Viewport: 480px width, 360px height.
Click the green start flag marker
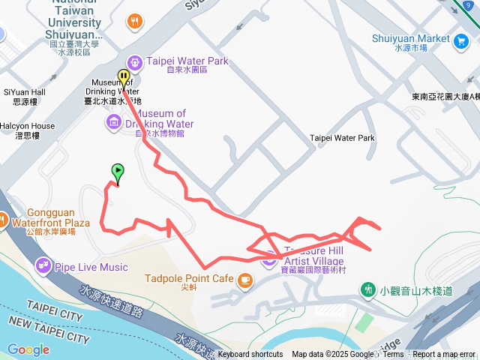[x=117, y=172]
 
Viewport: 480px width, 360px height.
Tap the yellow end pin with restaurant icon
[x=124, y=77]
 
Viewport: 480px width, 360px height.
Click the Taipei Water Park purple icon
[x=135, y=61]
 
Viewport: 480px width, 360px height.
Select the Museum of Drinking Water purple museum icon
[x=114, y=121]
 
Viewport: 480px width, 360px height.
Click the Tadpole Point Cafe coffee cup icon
[x=244, y=280]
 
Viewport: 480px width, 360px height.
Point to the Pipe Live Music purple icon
[x=43, y=265]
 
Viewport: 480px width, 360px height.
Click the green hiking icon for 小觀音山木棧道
[x=367, y=288]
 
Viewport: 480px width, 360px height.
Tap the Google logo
[x=28, y=349]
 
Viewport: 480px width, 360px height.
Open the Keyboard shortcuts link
[x=250, y=355]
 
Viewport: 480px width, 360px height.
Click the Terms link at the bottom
[x=393, y=355]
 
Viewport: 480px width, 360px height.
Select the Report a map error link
[x=444, y=355]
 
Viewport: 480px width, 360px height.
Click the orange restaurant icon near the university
[x=135, y=21]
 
